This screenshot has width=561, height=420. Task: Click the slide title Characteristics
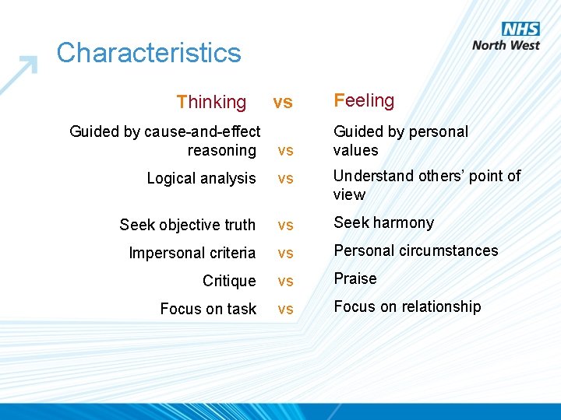(x=149, y=53)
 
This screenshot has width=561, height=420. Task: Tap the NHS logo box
(x=520, y=29)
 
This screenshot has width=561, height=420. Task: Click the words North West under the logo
(x=506, y=45)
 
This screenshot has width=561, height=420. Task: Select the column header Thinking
(x=211, y=102)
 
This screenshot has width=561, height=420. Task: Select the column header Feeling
(x=364, y=100)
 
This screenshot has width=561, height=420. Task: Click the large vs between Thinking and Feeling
(x=282, y=102)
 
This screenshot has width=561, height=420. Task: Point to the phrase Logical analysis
(x=201, y=178)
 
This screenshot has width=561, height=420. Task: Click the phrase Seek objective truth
(x=187, y=225)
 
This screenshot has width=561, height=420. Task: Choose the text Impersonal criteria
(x=192, y=253)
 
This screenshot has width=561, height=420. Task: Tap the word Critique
(x=229, y=281)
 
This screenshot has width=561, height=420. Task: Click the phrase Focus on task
(x=208, y=309)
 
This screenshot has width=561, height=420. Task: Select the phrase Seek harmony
(x=383, y=222)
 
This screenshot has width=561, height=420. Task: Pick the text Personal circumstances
(x=415, y=250)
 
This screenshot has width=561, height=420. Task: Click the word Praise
(x=355, y=278)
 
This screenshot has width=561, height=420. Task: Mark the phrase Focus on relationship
(x=408, y=306)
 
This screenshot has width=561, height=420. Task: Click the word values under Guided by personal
(x=355, y=150)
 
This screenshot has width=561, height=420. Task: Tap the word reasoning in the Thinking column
(x=221, y=150)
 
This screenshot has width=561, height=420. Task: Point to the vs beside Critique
(x=285, y=282)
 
